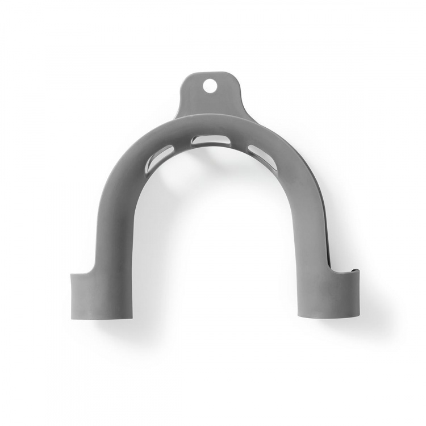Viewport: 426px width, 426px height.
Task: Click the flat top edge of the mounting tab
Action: point(211,73)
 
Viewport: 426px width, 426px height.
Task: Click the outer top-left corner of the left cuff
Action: point(72,275)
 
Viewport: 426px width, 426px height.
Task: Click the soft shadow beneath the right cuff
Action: point(329,325)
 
